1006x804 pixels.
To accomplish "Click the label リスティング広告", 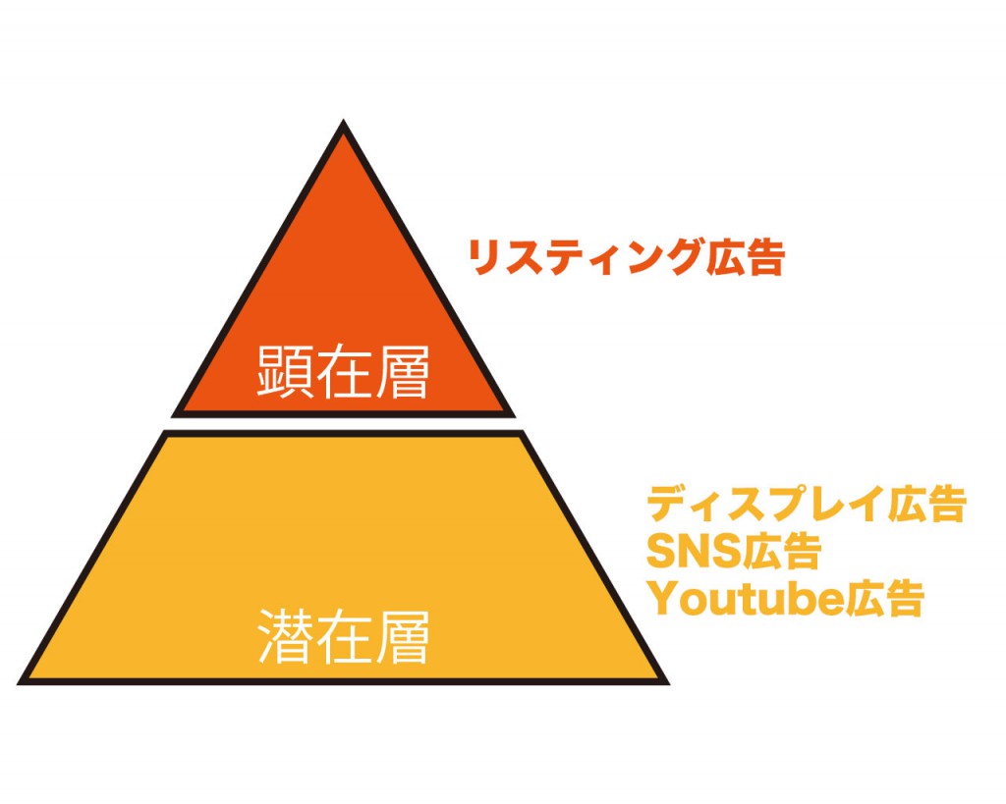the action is tap(627, 257).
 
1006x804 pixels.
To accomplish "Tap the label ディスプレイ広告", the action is tap(807, 504).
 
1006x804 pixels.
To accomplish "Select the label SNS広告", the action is tap(734, 551).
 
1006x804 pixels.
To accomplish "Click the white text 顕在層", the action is tap(343, 372).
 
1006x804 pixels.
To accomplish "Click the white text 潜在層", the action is tap(343, 637).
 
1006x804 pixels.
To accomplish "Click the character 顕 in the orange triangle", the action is tap(284, 372).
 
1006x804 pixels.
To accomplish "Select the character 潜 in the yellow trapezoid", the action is tap(286, 637).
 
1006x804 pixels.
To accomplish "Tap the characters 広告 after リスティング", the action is tap(746, 257).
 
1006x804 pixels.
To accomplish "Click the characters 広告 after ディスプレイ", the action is tap(927, 504).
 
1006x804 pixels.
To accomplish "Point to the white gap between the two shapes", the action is tap(343, 424).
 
